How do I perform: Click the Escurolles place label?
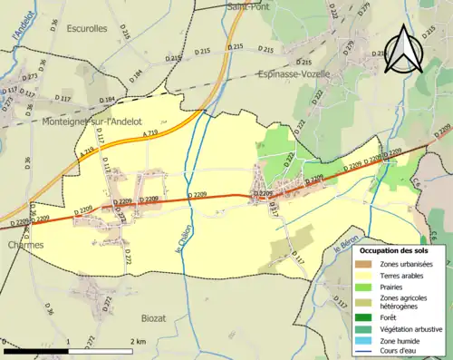[x=86, y=29]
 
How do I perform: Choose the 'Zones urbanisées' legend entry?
[x=404, y=264]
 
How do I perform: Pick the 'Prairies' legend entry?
[x=392, y=287]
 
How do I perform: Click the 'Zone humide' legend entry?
[x=399, y=338]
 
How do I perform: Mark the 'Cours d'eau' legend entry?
[x=398, y=350]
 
